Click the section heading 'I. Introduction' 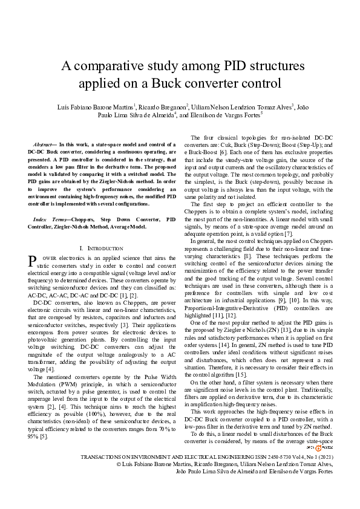click(x=102, y=248)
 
